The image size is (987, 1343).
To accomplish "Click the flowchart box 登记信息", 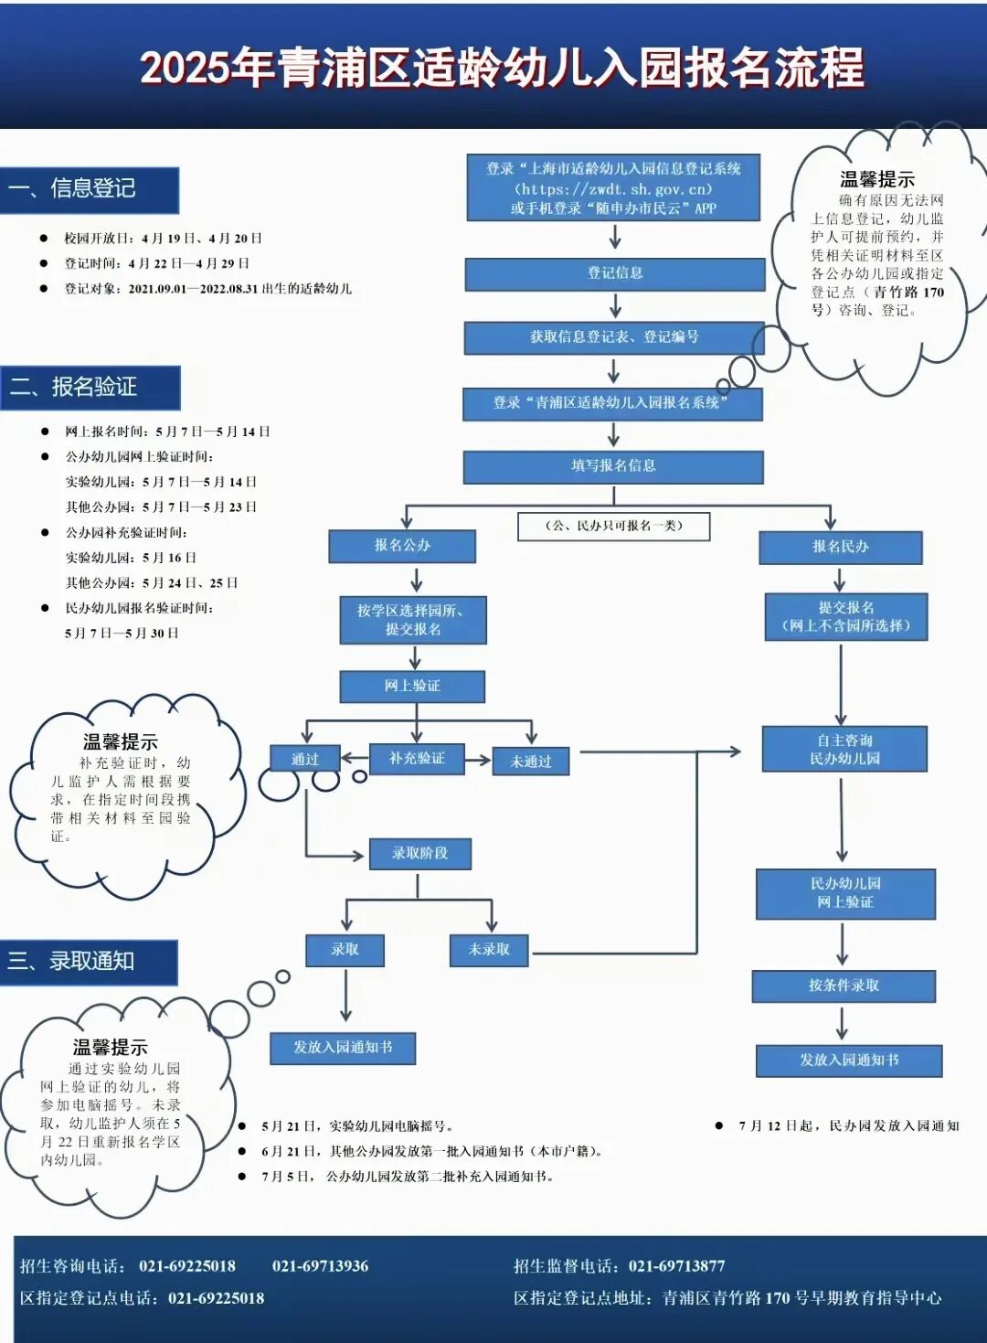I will click(x=614, y=273).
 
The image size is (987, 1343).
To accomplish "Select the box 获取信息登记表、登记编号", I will click(x=614, y=337).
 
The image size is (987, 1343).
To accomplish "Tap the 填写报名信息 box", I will click(x=613, y=466).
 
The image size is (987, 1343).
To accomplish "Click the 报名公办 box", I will click(x=402, y=546).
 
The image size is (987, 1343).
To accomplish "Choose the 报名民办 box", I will click(x=840, y=547).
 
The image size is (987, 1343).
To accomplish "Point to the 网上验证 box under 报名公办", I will click(x=412, y=686).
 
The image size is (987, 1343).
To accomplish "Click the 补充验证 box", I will click(x=417, y=759).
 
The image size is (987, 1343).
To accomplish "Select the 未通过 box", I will click(x=531, y=762).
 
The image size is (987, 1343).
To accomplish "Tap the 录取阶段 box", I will click(x=419, y=853).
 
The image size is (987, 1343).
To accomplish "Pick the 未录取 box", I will click(x=489, y=950).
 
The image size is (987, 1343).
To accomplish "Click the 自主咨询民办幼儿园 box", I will click(x=844, y=750).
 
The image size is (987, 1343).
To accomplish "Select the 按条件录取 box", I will click(x=844, y=986).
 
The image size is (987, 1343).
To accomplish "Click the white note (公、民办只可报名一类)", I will click(x=613, y=526).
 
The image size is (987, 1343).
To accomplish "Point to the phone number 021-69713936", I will click(x=320, y=1266).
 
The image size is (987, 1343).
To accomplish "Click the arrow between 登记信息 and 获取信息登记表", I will click(x=615, y=305).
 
